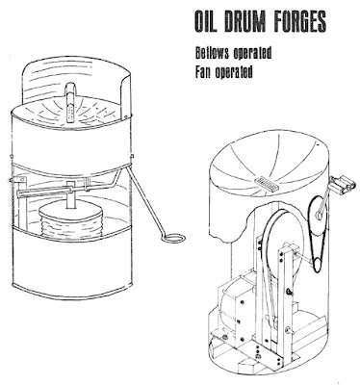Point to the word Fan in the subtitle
(203, 72)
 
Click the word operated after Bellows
(252, 53)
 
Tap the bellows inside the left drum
(70, 221)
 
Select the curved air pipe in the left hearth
(70, 101)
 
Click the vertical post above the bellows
(70, 195)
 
